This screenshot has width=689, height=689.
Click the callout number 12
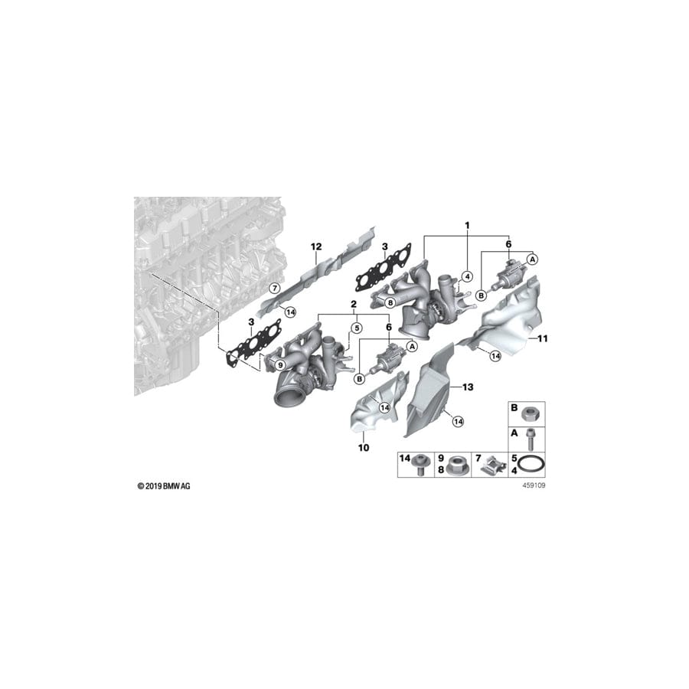(x=314, y=246)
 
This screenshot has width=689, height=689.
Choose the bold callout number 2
(x=354, y=304)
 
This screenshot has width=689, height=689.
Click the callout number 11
(x=544, y=338)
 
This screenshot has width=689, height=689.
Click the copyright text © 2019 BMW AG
(x=163, y=486)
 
